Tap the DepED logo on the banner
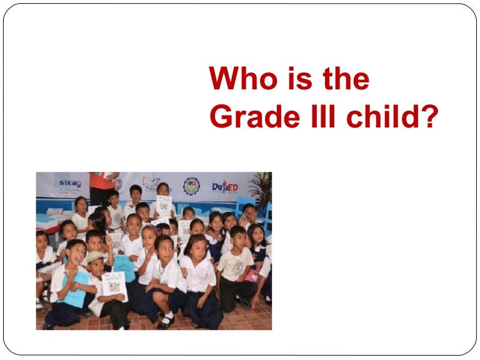coord(224,186)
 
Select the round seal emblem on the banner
coord(191,186)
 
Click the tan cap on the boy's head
coord(96,257)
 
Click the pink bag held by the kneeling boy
coord(252,275)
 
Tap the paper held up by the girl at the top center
coord(164,204)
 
